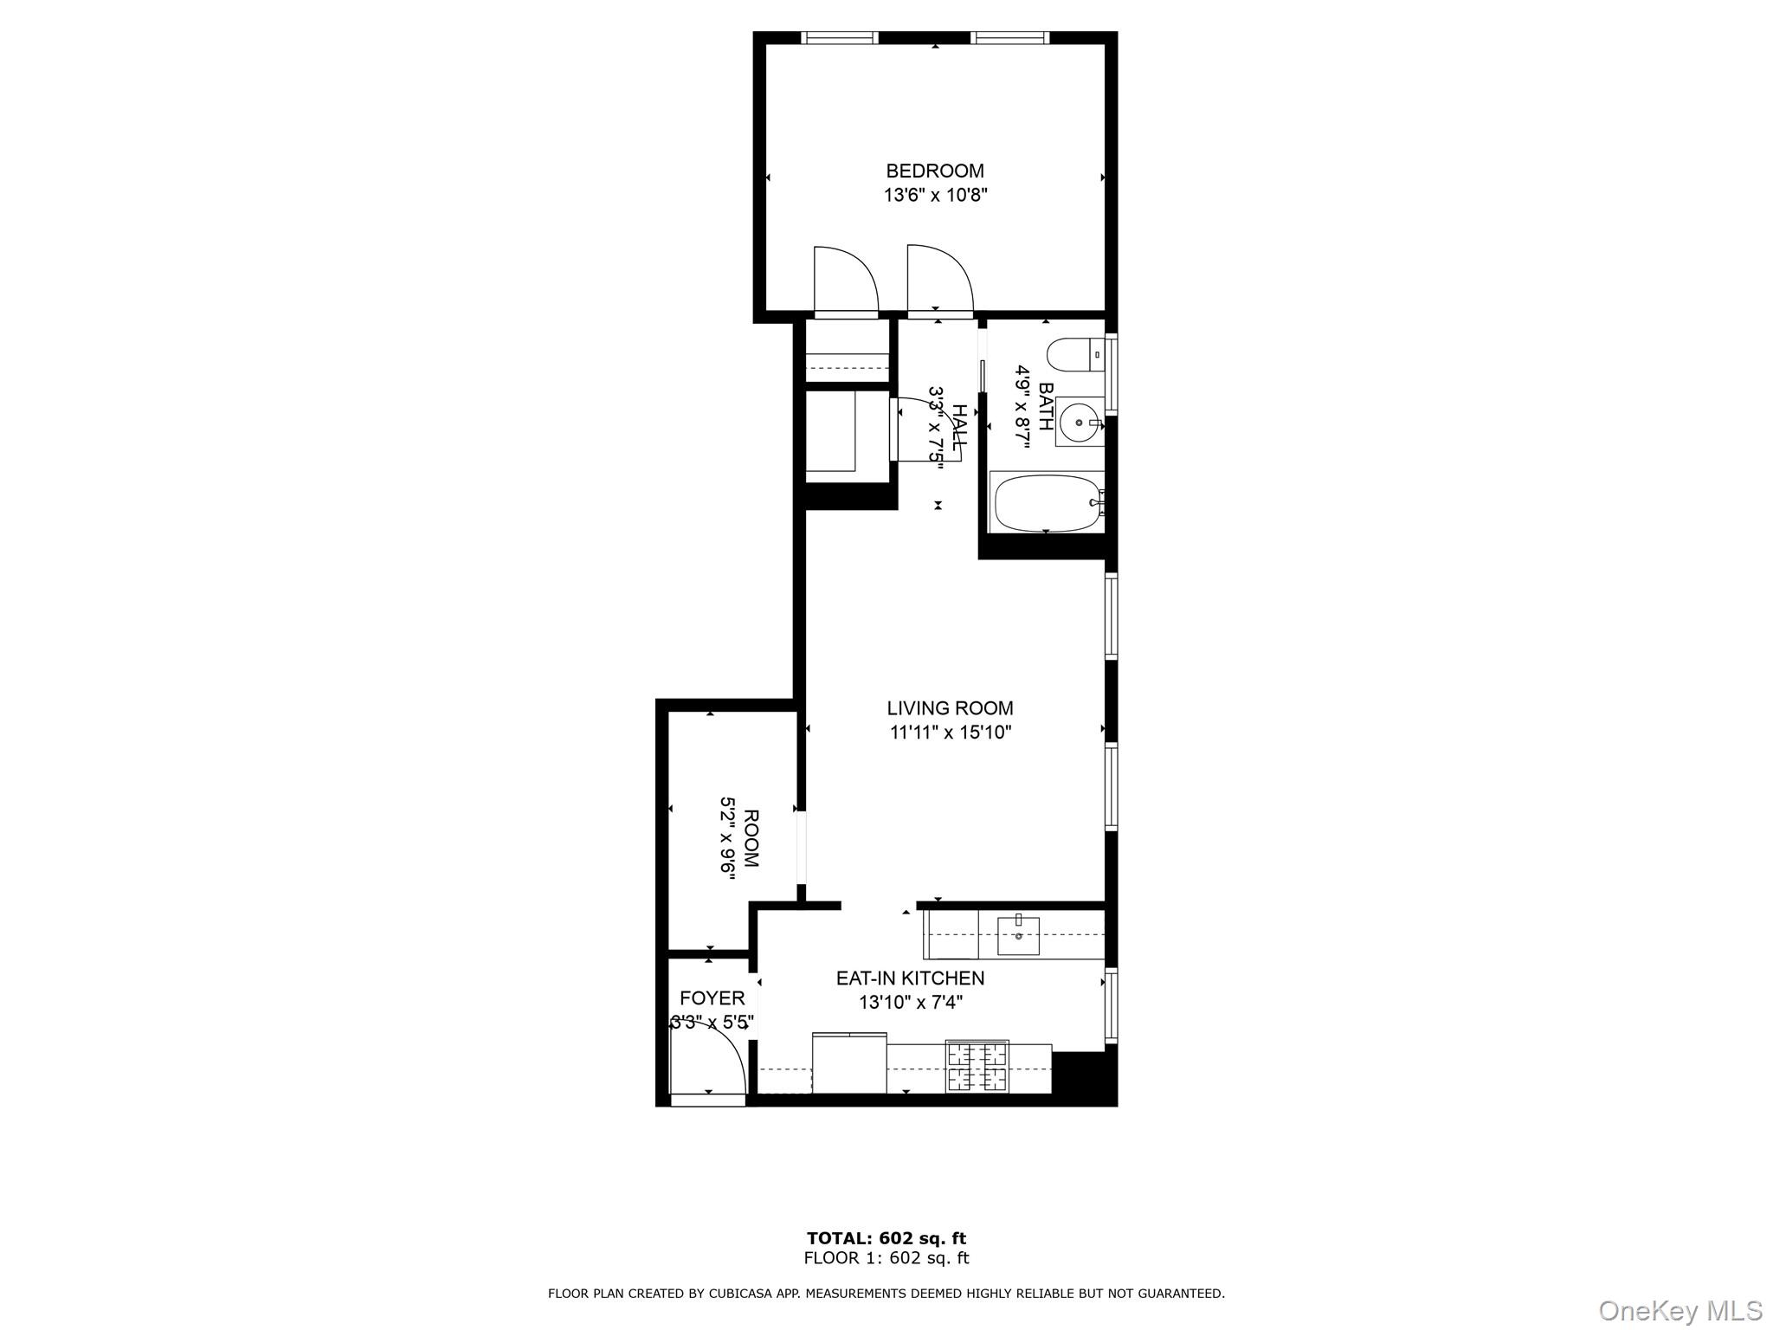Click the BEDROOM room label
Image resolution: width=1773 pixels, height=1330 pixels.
(935, 171)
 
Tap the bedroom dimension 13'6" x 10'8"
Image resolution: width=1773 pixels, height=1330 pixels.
(935, 196)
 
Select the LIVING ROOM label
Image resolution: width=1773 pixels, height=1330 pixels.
(950, 707)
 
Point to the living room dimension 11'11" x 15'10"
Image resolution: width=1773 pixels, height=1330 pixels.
(950, 733)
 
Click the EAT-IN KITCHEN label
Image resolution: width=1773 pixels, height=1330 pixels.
(910, 978)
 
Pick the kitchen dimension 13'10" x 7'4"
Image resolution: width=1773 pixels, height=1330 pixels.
(910, 1003)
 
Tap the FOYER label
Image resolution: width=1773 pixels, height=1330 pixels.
(712, 997)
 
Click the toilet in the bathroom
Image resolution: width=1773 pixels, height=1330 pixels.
(1074, 355)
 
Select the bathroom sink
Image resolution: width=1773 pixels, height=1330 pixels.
(1080, 422)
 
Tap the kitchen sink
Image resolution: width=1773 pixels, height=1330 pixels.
(1018, 935)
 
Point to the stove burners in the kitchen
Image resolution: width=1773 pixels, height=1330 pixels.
(977, 1067)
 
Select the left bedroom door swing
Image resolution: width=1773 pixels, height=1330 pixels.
(844, 279)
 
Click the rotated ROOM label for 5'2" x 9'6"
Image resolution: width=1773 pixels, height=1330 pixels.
(751, 839)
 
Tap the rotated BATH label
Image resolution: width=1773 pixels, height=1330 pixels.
(1046, 407)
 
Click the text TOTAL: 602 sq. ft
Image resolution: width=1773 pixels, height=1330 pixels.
(886, 1238)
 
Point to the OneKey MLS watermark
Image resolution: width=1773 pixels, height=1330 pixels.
(1680, 1310)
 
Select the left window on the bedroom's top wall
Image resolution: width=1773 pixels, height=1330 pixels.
(838, 37)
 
